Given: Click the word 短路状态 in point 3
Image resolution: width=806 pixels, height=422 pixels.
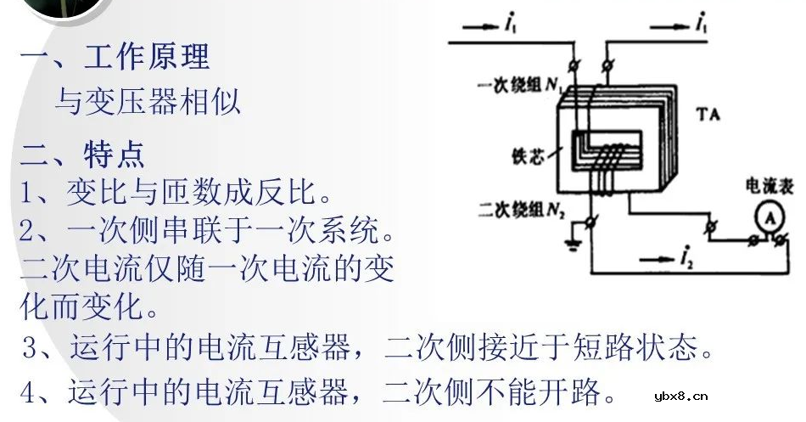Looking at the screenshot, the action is [x=638, y=348].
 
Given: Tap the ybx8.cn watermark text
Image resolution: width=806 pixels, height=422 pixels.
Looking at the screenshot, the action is [x=681, y=396].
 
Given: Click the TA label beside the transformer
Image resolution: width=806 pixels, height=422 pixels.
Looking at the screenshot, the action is [x=708, y=113].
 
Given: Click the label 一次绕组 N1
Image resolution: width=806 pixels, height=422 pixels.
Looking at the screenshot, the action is [x=519, y=86].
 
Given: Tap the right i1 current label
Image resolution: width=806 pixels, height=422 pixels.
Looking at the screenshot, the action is [x=701, y=26].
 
